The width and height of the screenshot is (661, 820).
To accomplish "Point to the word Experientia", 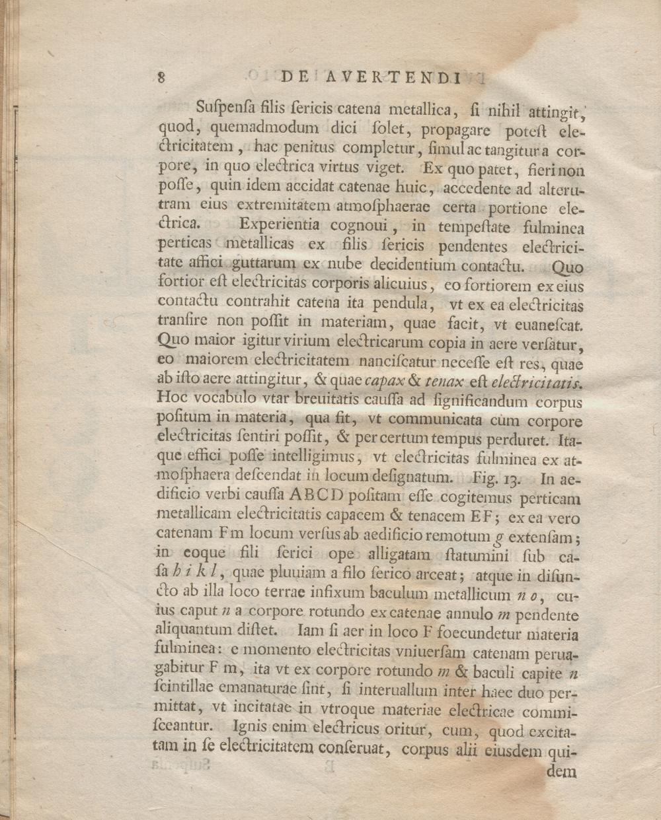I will pos(280,226).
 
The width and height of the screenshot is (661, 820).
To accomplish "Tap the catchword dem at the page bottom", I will pos(563,772).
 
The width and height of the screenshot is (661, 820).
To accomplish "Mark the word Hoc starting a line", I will pos(173,397).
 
